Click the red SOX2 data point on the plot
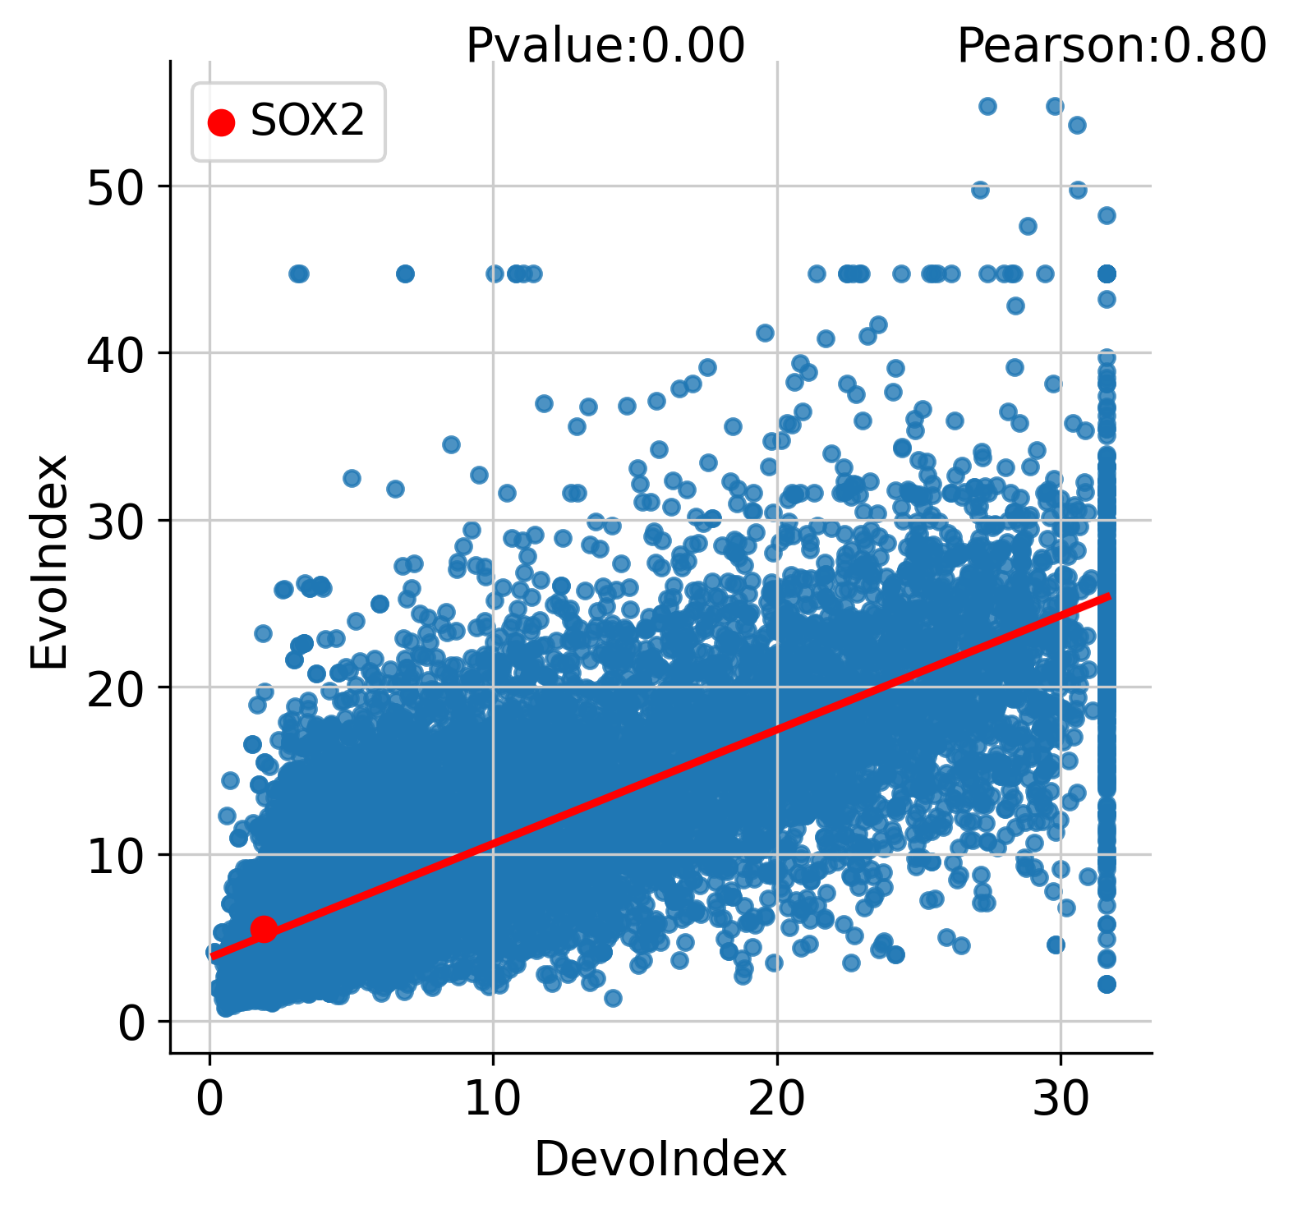point(264,929)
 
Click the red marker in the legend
point(221,122)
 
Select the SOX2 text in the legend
point(307,122)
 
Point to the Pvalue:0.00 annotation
point(605,45)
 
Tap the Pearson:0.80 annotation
point(1111,45)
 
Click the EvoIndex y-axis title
point(49,562)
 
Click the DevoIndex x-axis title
point(660,1161)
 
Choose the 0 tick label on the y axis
point(131,1023)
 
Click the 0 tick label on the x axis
point(210,1100)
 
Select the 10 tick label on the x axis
point(493,1100)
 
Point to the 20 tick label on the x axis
point(776,1100)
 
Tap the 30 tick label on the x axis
point(1060,1100)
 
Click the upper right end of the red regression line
point(1109,595)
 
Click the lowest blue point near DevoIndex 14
point(613,998)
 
